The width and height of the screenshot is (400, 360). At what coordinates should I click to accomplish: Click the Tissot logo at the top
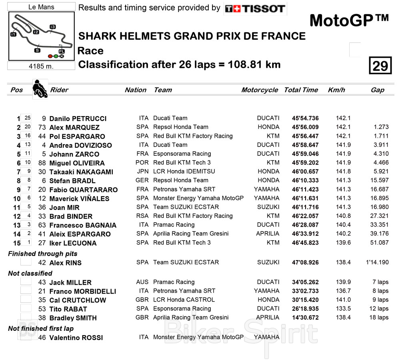(255, 8)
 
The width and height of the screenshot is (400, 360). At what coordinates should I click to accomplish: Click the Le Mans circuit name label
(42, 7)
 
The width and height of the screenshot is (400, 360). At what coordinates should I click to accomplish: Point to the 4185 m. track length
(41, 66)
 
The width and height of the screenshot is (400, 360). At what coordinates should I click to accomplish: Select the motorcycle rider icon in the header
(40, 89)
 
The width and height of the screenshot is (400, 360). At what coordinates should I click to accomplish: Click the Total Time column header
(301, 90)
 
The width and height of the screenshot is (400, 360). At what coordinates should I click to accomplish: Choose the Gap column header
(377, 90)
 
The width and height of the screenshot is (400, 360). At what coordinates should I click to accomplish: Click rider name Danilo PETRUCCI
(78, 119)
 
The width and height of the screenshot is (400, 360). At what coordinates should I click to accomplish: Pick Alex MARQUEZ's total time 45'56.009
(305, 127)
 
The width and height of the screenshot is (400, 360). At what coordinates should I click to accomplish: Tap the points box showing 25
(27, 118)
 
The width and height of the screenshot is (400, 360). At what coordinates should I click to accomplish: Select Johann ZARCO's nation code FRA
(144, 153)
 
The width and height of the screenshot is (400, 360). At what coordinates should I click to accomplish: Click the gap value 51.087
(380, 242)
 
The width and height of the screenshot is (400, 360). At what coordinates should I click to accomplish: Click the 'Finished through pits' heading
(43, 253)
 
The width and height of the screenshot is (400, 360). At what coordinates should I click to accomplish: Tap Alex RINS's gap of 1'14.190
(377, 262)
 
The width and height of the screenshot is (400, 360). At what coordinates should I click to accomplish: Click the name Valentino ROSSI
(76, 338)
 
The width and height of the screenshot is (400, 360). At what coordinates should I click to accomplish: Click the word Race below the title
(90, 51)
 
